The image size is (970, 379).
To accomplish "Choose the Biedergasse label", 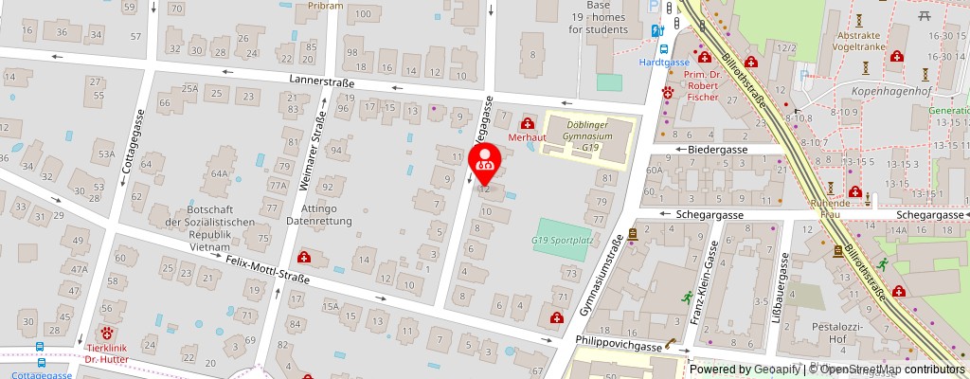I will [x=718, y=150].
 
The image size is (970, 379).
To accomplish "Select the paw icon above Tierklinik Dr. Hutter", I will [x=108, y=334].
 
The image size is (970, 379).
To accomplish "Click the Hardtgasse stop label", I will [x=662, y=63].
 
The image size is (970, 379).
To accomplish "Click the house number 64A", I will [x=220, y=174].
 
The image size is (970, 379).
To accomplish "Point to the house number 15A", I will [x=331, y=306].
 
